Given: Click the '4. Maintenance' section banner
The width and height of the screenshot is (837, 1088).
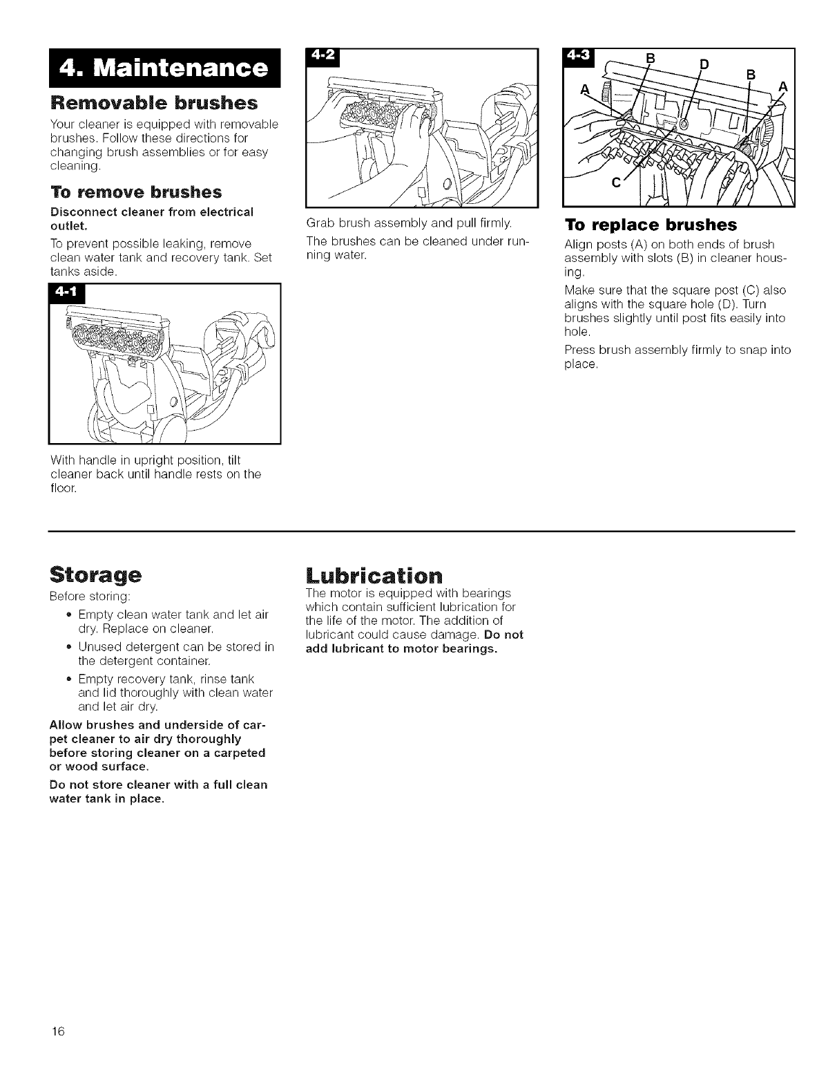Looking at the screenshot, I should (163, 68).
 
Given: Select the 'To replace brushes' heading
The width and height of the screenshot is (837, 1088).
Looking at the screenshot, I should (651, 225).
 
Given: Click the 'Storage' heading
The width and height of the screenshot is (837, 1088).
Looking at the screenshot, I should (96, 574).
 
